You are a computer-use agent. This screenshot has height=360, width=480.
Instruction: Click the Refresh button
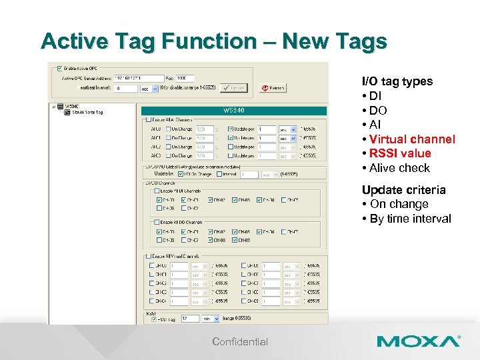(x=273, y=87)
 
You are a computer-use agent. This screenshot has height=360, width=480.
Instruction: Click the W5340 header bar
(x=234, y=110)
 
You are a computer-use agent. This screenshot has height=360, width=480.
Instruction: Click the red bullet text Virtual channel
(x=411, y=139)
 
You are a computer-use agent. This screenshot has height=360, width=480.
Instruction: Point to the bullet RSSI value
(x=400, y=153)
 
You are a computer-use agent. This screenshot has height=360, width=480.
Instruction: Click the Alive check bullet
(x=399, y=168)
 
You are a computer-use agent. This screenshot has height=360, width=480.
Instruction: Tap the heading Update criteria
(x=403, y=190)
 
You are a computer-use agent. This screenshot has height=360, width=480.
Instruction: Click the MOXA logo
(x=418, y=341)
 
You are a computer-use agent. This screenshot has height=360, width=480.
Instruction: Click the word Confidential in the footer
(x=240, y=342)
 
